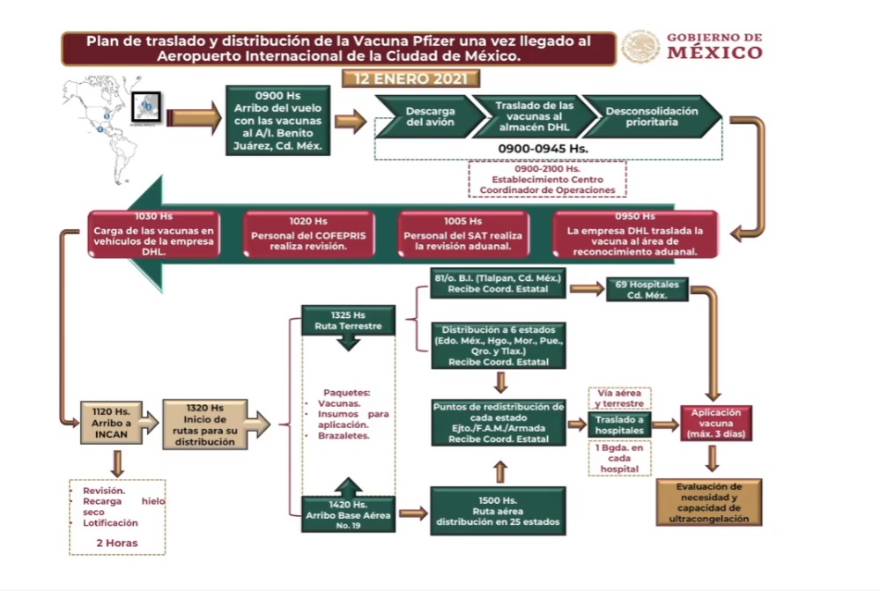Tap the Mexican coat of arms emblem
click(640, 47)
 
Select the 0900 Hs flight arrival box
click(277, 121)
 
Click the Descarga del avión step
click(431, 117)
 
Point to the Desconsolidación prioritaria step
click(653, 117)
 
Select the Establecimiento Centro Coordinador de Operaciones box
click(547, 179)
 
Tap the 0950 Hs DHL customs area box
click(629, 235)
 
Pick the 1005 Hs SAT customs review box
click(463, 235)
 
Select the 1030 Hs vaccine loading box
click(154, 235)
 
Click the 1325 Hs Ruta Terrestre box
click(348, 321)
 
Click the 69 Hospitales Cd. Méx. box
click(647, 290)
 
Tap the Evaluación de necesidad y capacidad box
click(709, 502)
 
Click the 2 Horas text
click(116, 543)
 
